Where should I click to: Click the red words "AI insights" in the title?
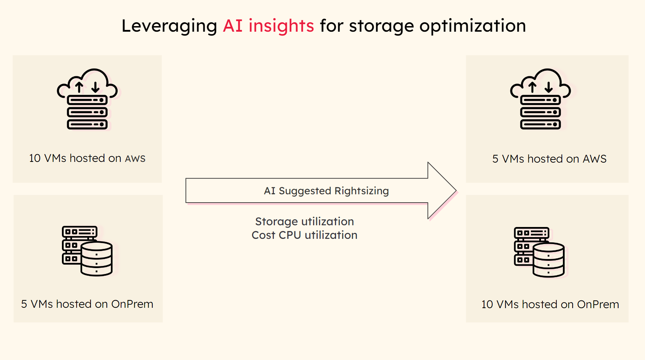click(x=268, y=26)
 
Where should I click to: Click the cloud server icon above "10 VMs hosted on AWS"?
click(x=87, y=99)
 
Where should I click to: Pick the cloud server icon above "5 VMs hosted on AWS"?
click(x=540, y=99)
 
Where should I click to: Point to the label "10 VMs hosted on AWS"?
click(x=87, y=158)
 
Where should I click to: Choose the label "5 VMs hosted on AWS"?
click(x=549, y=159)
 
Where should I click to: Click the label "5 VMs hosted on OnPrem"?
click(x=87, y=304)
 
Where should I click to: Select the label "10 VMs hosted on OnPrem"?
click(x=550, y=304)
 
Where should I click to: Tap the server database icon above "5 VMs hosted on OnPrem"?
click(x=87, y=251)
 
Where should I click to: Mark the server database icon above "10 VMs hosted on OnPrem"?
click(x=539, y=252)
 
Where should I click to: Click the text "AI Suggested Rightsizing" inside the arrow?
click(x=326, y=191)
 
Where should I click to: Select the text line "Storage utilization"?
click(x=304, y=222)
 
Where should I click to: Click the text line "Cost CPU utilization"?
click(x=304, y=235)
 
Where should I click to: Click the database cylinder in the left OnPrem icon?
click(x=97, y=259)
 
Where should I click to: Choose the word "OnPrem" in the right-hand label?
click(x=598, y=304)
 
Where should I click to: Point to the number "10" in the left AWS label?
click(x=35, y=158)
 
